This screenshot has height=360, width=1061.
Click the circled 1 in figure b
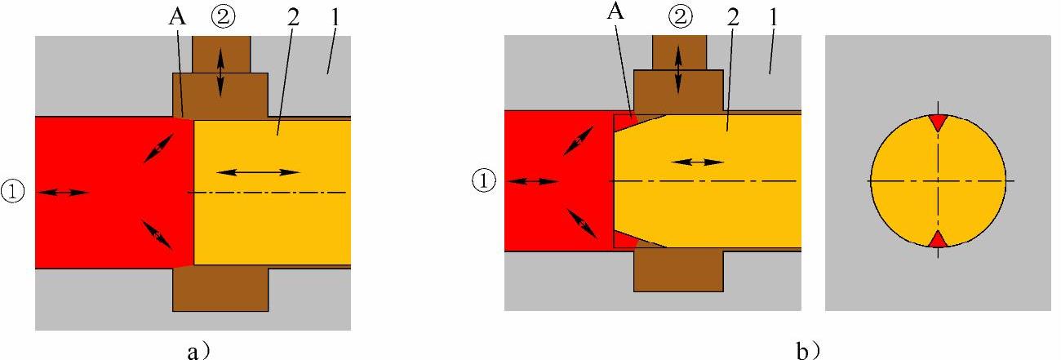pyautogui.click(x=485, y=180)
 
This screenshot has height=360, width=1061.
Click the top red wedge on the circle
pyautogui.click(x=939, y=122)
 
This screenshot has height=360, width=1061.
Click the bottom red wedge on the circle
pyautogui.click(x=939, y=238)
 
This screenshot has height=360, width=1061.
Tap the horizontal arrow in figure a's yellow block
pyautogui.click(x=258, y=171)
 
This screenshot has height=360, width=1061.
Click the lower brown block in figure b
pyautogui.click(x=678, y=269)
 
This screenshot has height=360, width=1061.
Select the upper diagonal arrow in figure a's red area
pyautogui.click(x=158, y=148)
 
